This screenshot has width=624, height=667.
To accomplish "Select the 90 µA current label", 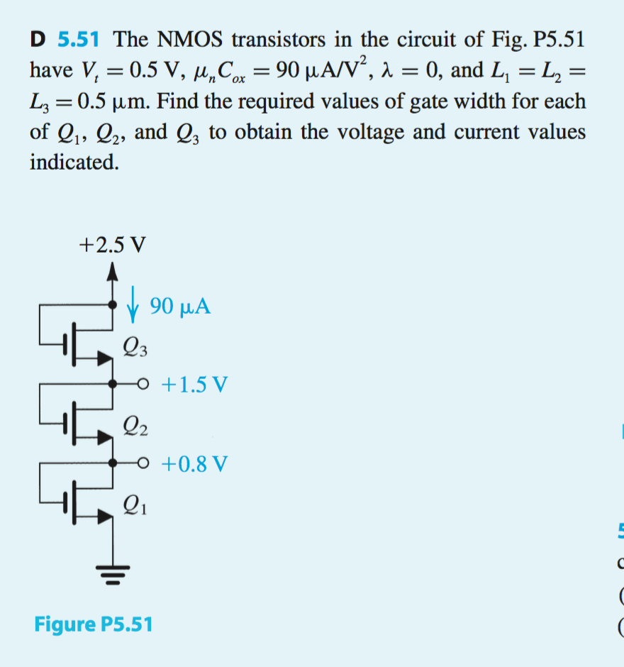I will point(180,307).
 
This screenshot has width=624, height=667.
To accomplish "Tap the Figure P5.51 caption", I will point(92,624).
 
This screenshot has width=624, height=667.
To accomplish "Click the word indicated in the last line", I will point(73,162).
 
